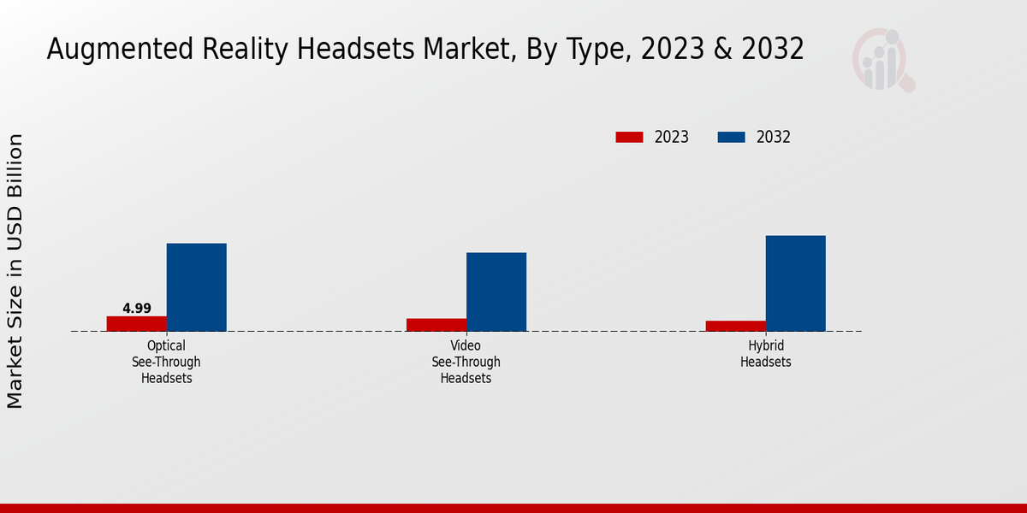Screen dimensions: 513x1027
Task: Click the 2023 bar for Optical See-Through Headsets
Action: click(x=136, y=323)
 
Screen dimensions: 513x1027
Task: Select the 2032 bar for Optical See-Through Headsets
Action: click(x=196, y=287)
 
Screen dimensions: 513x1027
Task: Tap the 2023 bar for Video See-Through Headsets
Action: click(x=436, y=325)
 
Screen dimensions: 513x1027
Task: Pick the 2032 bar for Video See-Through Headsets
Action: click(x=496, y=292)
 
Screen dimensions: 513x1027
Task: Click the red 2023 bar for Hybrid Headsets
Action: click(x=735, y=326)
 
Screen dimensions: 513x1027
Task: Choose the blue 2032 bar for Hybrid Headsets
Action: click(x=795, y=283)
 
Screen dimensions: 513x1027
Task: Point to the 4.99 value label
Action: click(x=137, y=308)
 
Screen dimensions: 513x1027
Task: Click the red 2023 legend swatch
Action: click(x=629, y=137)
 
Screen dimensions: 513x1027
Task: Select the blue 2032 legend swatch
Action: click(x=730, y=137)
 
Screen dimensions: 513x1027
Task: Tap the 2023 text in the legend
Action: click(x=671, y=137)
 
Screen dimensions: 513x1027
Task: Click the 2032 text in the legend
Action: click(x=773, y=137)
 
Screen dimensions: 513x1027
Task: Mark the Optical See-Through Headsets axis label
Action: click(x=166, y=362)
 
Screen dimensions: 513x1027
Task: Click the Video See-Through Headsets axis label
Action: click(x=466, y=362)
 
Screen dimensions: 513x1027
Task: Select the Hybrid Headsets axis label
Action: click(x=765, y=354)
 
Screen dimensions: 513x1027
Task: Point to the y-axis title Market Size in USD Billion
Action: click(x=15, y=270)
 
